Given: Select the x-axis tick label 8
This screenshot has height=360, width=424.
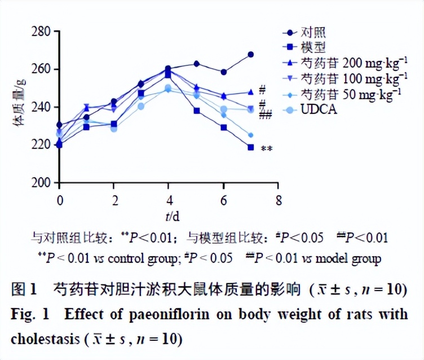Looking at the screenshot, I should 277,201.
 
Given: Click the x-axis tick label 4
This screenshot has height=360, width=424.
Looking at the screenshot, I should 168,201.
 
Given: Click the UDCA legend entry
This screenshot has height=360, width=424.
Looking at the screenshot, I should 319,109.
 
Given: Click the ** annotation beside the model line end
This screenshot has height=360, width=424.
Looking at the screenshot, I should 267,149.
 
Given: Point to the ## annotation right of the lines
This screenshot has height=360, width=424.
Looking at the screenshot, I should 266,116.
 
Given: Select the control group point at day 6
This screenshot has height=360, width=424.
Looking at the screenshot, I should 223,72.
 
